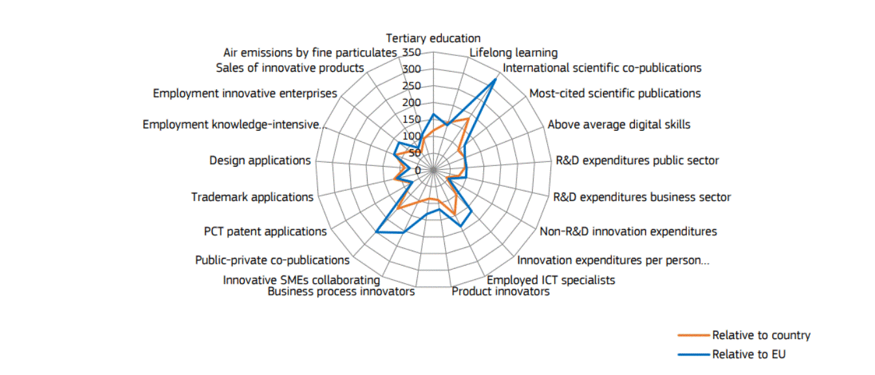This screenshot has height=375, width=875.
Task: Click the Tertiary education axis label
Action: coord(433,38)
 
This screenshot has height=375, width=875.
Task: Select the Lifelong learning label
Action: coord(513,53)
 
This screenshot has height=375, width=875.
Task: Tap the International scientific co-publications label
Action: coord(602,68)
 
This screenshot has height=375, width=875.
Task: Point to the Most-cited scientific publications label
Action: coord(615,93)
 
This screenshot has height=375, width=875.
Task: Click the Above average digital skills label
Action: coord(619,124)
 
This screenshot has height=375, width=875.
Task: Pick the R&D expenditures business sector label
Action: coord(641,197)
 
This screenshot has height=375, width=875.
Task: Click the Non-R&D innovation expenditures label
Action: coord(628,231)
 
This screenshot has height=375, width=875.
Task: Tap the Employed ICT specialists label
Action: coord(551,280)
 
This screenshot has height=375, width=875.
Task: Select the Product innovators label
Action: coord(500,291)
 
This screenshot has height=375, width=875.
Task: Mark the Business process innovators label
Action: coord(341,291)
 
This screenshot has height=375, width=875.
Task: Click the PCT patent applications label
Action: coord(265,231)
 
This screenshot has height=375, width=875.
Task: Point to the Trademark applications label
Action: coord(252,197)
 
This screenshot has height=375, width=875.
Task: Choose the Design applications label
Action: coord(260,160)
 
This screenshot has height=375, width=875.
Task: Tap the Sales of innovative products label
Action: coord(289,68)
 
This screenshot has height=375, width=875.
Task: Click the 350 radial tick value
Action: coord(412,52)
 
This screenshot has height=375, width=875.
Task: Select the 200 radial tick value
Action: coord(412,103)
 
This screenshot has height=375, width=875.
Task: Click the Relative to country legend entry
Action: coord(761,335)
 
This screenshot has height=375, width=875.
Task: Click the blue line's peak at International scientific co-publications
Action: coord(496,79)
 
